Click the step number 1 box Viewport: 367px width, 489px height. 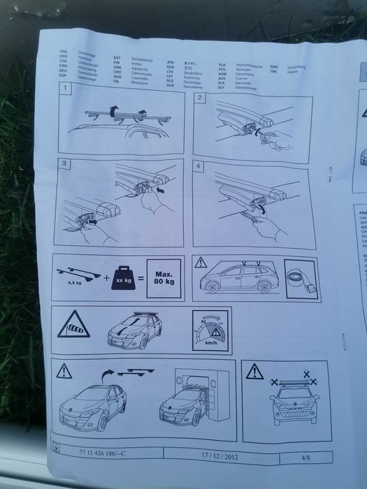[x=65, y=90]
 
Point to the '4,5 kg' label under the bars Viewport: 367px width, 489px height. [x=72, y=284]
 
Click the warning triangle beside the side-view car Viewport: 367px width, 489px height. [x=201, y=263]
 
